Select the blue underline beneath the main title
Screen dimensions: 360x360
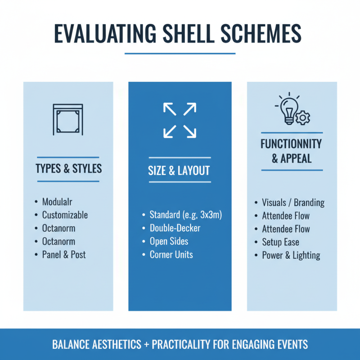pos(180,54)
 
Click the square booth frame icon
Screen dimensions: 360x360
pos(68,119)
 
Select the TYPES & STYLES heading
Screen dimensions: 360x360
pos(68,169)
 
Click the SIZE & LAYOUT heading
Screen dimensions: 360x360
pos(179,171)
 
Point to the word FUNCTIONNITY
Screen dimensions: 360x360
pos(291,144)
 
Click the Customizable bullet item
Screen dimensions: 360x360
pos(65,215)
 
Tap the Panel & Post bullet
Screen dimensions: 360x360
pos(63,255)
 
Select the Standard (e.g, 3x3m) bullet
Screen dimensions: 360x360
pos(186,215)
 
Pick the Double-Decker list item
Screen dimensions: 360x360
pos(175,228)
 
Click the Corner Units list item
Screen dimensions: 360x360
pos(171,255)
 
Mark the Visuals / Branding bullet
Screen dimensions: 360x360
pos(293,202)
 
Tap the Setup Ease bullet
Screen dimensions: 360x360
pos(280,242)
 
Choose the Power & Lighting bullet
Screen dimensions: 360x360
pos(291,256)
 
